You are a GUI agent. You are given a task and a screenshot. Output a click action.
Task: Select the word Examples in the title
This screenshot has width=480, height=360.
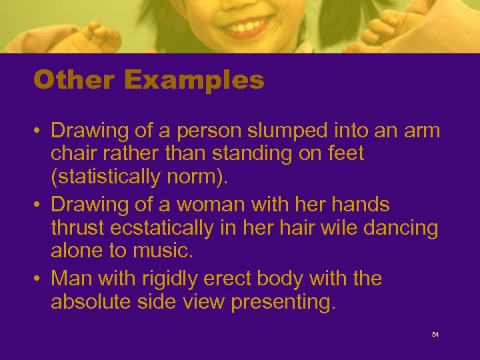click(x=194, y=81)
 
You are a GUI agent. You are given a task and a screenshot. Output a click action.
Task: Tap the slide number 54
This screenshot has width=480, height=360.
click(x=435, y=334)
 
